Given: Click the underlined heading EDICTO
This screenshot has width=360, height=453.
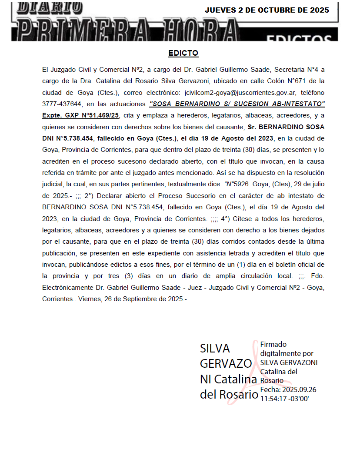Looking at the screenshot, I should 183,53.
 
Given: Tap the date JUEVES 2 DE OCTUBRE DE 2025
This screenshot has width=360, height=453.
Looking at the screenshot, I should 267,10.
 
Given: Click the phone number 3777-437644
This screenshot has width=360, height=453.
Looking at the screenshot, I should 63,104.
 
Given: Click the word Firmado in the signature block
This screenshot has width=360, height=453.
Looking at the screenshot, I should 273,344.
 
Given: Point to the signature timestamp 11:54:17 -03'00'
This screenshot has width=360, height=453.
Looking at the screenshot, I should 284,398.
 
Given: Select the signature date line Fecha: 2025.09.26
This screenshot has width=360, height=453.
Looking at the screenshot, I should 288,389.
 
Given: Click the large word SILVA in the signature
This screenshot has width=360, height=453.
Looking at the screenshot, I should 215,348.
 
